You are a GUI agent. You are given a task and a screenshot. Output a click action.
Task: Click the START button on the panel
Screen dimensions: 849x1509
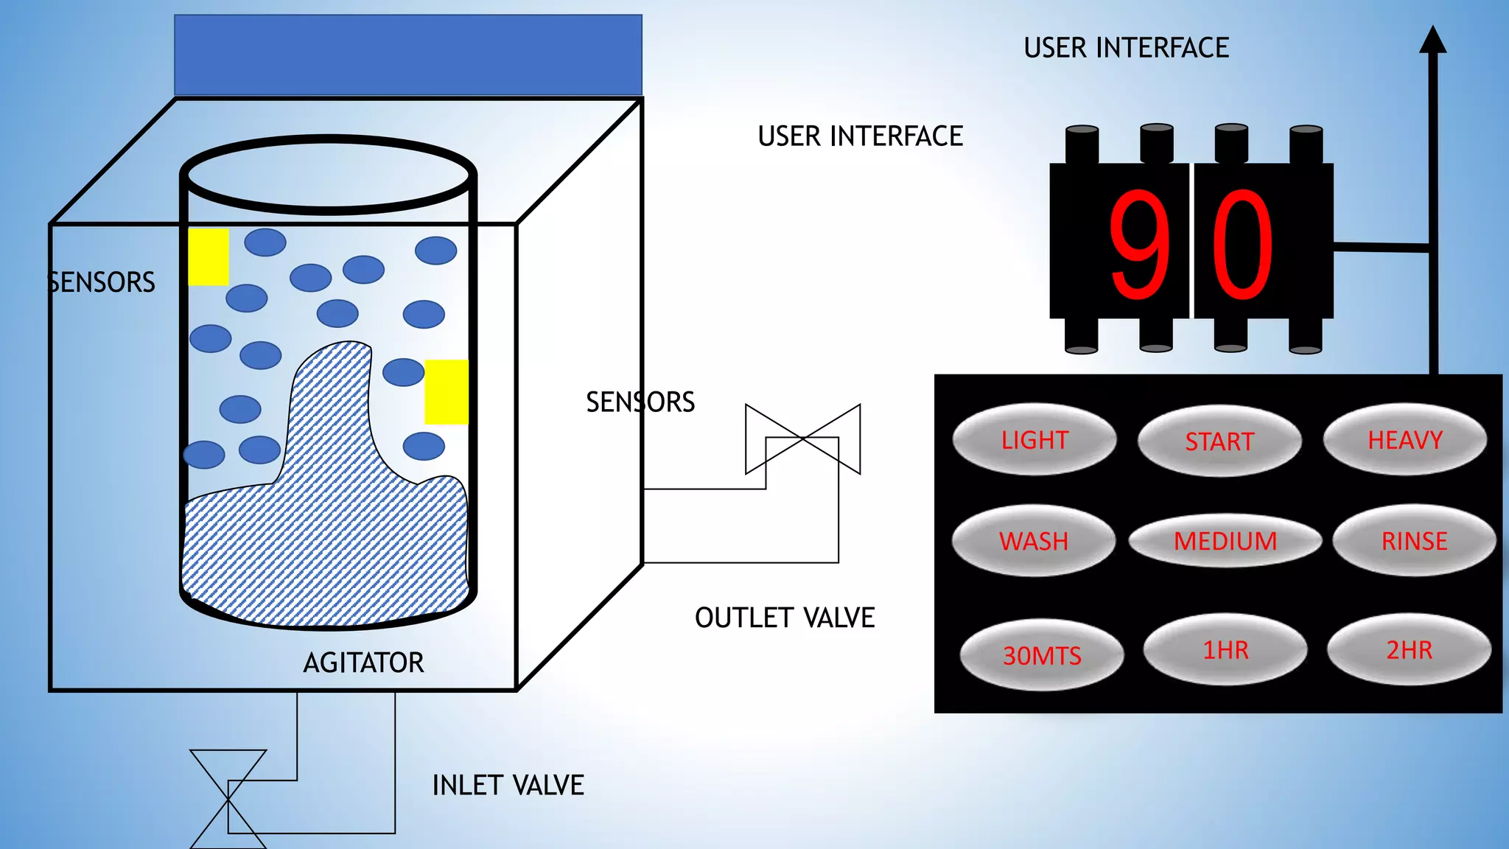coord(1219,441)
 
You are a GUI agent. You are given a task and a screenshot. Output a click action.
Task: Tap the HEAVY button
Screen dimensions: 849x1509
coord(1404,440)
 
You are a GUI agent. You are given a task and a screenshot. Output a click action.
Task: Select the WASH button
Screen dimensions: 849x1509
coord(1033,541)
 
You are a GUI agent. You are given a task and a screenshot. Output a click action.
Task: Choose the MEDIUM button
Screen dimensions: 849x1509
coord(1225,541)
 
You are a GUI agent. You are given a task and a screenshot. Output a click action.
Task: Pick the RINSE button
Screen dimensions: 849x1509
coord(1414,541)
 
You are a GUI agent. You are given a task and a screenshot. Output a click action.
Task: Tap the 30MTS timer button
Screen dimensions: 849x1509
coord(1042,655)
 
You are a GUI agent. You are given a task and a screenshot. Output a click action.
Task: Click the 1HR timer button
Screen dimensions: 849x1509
coord(1225,650)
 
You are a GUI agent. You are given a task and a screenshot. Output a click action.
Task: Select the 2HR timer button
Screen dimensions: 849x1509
coord(1409,650)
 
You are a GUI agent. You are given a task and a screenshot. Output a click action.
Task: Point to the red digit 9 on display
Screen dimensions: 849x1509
coord(1139,245)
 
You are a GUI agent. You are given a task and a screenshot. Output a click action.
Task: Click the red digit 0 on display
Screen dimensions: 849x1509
coord(1243,245)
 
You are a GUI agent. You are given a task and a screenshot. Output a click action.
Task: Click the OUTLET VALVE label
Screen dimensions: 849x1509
coord(785,618)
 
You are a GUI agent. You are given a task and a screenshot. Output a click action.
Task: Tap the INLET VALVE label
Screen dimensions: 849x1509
coord(508,786)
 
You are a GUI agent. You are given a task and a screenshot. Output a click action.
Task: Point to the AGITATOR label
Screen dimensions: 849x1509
coord(363,663)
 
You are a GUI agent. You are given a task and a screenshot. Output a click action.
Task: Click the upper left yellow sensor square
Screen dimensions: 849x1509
coord(209,256)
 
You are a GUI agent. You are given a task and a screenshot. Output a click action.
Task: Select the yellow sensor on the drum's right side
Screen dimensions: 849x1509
coord(447,391)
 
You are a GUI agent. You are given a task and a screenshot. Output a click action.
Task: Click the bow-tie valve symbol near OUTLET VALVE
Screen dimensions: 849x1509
coord(803,439)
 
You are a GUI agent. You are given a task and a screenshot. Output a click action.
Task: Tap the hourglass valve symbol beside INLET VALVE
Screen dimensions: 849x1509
coord(228,800)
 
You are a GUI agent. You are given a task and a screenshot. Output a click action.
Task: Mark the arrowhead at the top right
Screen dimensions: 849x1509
coord(1432,41)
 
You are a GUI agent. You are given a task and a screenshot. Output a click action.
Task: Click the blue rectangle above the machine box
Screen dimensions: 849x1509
coord(408,55)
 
